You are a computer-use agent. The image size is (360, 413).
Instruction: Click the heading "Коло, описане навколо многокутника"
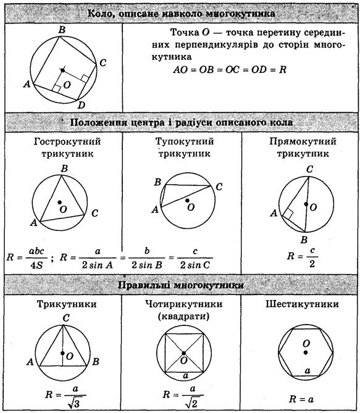tap(181, 14)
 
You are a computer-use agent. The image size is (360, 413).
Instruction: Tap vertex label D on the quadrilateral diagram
tap(82, 106)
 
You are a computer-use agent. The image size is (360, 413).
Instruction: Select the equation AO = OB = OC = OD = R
tap(230, 70)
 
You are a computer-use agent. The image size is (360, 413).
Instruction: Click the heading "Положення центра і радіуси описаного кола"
tap(182, 122)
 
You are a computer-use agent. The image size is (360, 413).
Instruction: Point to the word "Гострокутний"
tap(67, 142)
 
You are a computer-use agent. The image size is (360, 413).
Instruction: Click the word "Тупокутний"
tap(185, 141)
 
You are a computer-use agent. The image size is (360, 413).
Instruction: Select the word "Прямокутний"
tap(303, 142)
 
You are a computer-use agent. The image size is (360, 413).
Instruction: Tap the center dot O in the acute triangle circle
tap(60, 202)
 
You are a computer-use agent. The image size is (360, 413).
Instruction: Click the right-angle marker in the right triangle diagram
tap(288, 214)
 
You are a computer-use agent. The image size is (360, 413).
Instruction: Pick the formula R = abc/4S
tap(27, 257)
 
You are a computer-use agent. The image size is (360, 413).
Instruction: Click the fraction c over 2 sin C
tap(195, 258)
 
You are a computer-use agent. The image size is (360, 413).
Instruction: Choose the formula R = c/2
tap(303, 257)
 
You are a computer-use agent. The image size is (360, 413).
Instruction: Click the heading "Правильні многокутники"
tap(180, 285)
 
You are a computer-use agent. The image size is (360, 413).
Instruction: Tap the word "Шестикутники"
tap(302, 304)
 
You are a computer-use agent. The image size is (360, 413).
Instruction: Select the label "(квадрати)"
tap(183, 316)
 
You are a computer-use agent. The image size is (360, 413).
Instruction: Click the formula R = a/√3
tap(65, 397)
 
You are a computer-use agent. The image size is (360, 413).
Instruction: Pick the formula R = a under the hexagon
tap(301, 399)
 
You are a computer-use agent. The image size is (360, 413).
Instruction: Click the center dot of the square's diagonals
tap(184, 353)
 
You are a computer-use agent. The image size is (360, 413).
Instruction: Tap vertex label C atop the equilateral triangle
tap(66, 318)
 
